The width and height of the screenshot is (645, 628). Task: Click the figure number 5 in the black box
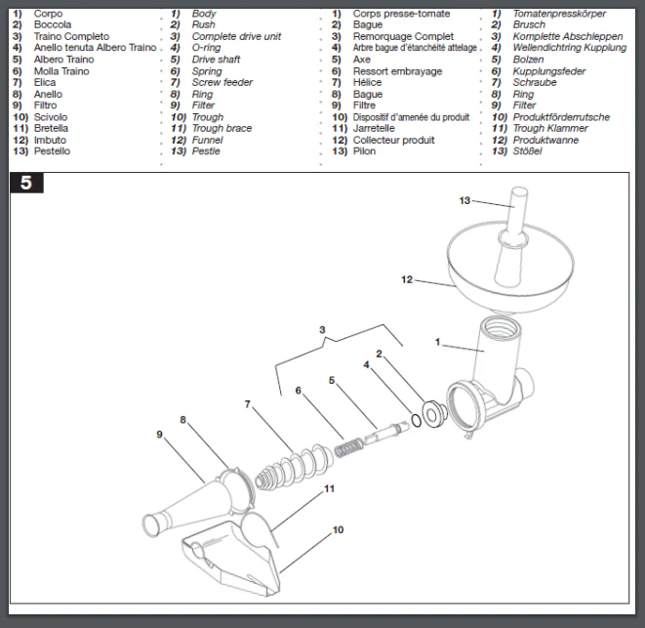pos(26,183)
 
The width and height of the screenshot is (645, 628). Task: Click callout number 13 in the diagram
pos(464,199)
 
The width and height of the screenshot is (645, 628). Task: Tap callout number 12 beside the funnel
pos(406,279)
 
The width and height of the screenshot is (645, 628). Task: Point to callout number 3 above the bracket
pos(322,330)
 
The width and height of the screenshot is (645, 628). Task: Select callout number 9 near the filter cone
pos(159,434)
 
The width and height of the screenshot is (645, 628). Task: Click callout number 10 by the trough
pos(339,530)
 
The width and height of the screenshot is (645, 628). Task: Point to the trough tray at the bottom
pos(234,557)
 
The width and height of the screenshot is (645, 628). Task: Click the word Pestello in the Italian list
pos(52,151)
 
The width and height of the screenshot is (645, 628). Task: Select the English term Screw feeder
pos(222,83)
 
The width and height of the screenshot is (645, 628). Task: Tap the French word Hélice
pos(368,83)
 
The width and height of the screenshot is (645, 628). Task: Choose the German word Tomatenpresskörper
pos(559,14)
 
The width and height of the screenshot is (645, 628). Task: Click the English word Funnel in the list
pos(209,140)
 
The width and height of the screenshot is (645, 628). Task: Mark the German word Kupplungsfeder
pos(549,71)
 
